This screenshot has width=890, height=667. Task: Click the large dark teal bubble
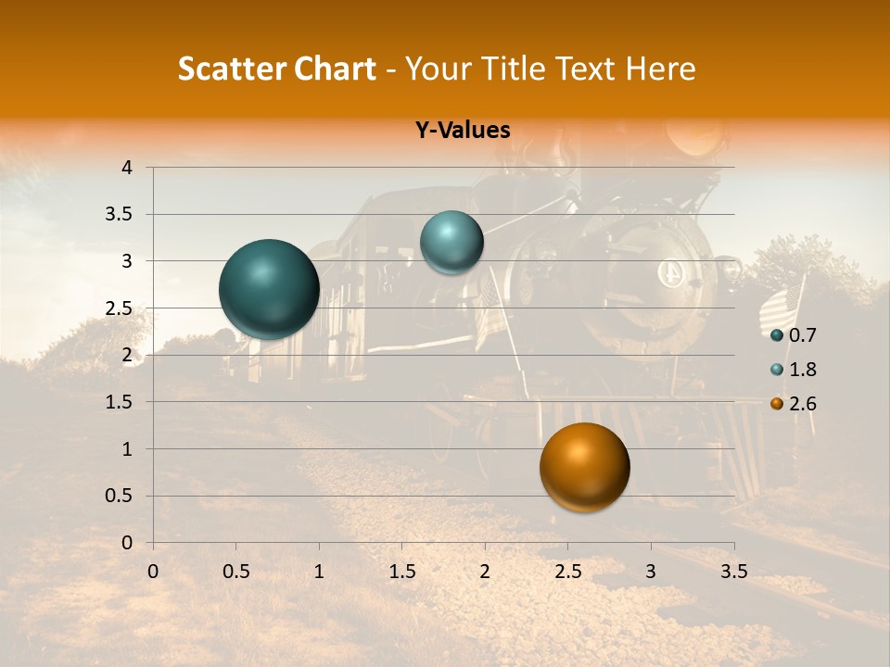pyautogui.click(x=269, y=289)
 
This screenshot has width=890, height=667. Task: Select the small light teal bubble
pyautogui.click(x=451, y=242)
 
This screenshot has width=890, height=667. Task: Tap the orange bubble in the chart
pyautogui.click(x=584, y=467)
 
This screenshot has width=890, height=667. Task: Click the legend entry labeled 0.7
pyautogui.click(x=802, y=335)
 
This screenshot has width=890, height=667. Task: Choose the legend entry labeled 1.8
pyautogui.click(x=802, y=370)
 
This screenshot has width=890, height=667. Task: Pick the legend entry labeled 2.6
pyautogui.click(x=802, y=404)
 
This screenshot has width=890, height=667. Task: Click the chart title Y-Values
pyautogui.click(x=462, y=131)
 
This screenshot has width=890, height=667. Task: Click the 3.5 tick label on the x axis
pyautogui.click(x=733, y=572)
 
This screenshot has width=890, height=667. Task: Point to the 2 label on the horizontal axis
pyautogui.click(x=485, y=572)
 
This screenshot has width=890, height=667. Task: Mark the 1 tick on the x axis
pyautogui.click(x=319, y=572)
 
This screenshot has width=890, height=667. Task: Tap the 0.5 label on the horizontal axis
pyautogui.click(x=235, y=572)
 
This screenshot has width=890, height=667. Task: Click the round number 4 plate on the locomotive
pyautogui.click(x=669, y=273)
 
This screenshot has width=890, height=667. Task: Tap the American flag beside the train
pyautogui.click(x=781, y=306)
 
